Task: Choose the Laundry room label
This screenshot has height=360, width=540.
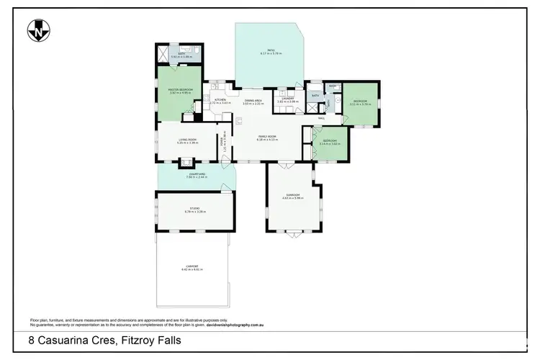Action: click(x=287, y=101)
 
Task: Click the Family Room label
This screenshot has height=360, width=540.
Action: click(x=268, y=137)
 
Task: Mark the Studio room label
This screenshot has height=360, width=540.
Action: click(x=195, y=210)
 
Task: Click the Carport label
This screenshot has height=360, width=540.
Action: click(x=192, y=268)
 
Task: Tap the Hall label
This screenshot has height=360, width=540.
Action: click(x=322, y=118)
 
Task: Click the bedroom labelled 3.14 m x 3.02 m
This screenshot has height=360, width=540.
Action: click(x=329, y=142)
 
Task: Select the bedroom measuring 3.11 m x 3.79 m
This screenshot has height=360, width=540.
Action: click(x=359, y=103)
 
